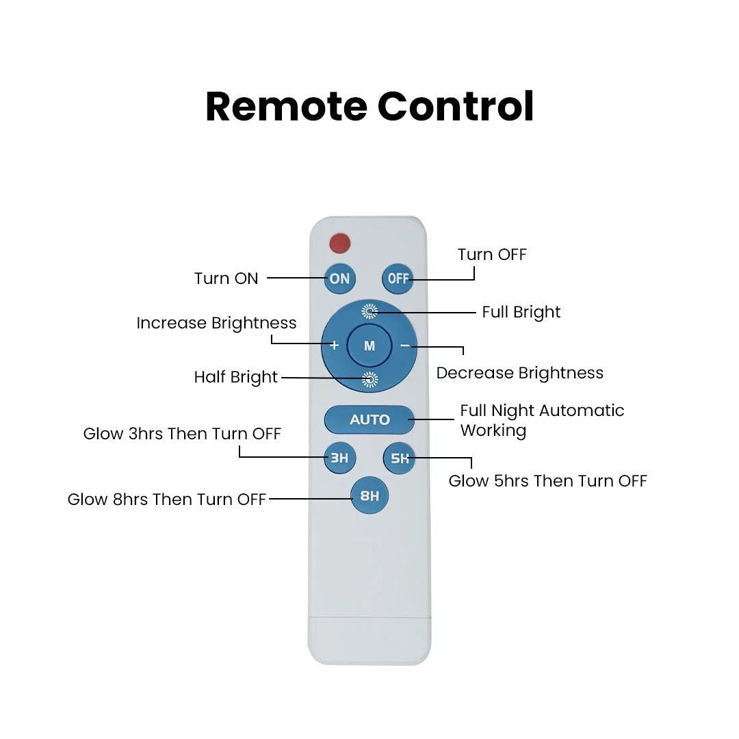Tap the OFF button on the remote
(x=398, y=278)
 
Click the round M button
(x=369, y=346)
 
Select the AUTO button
(x=369, y=419)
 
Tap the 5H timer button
(x=399, y=458)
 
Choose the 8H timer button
(x=369, y=496)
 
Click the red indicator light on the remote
(x=339, y=242)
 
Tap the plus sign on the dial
(x=334, y=346)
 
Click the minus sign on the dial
(x=405, y=346)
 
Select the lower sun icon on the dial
(x=369, y=379)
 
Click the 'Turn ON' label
(x=226, y=278)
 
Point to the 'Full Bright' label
(x=521, y=312)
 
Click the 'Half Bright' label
(x=236, y=377)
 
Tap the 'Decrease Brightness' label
(x=520, y=373)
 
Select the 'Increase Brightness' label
(x=216, y=323)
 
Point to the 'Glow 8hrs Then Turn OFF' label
(x=166, y=500)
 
